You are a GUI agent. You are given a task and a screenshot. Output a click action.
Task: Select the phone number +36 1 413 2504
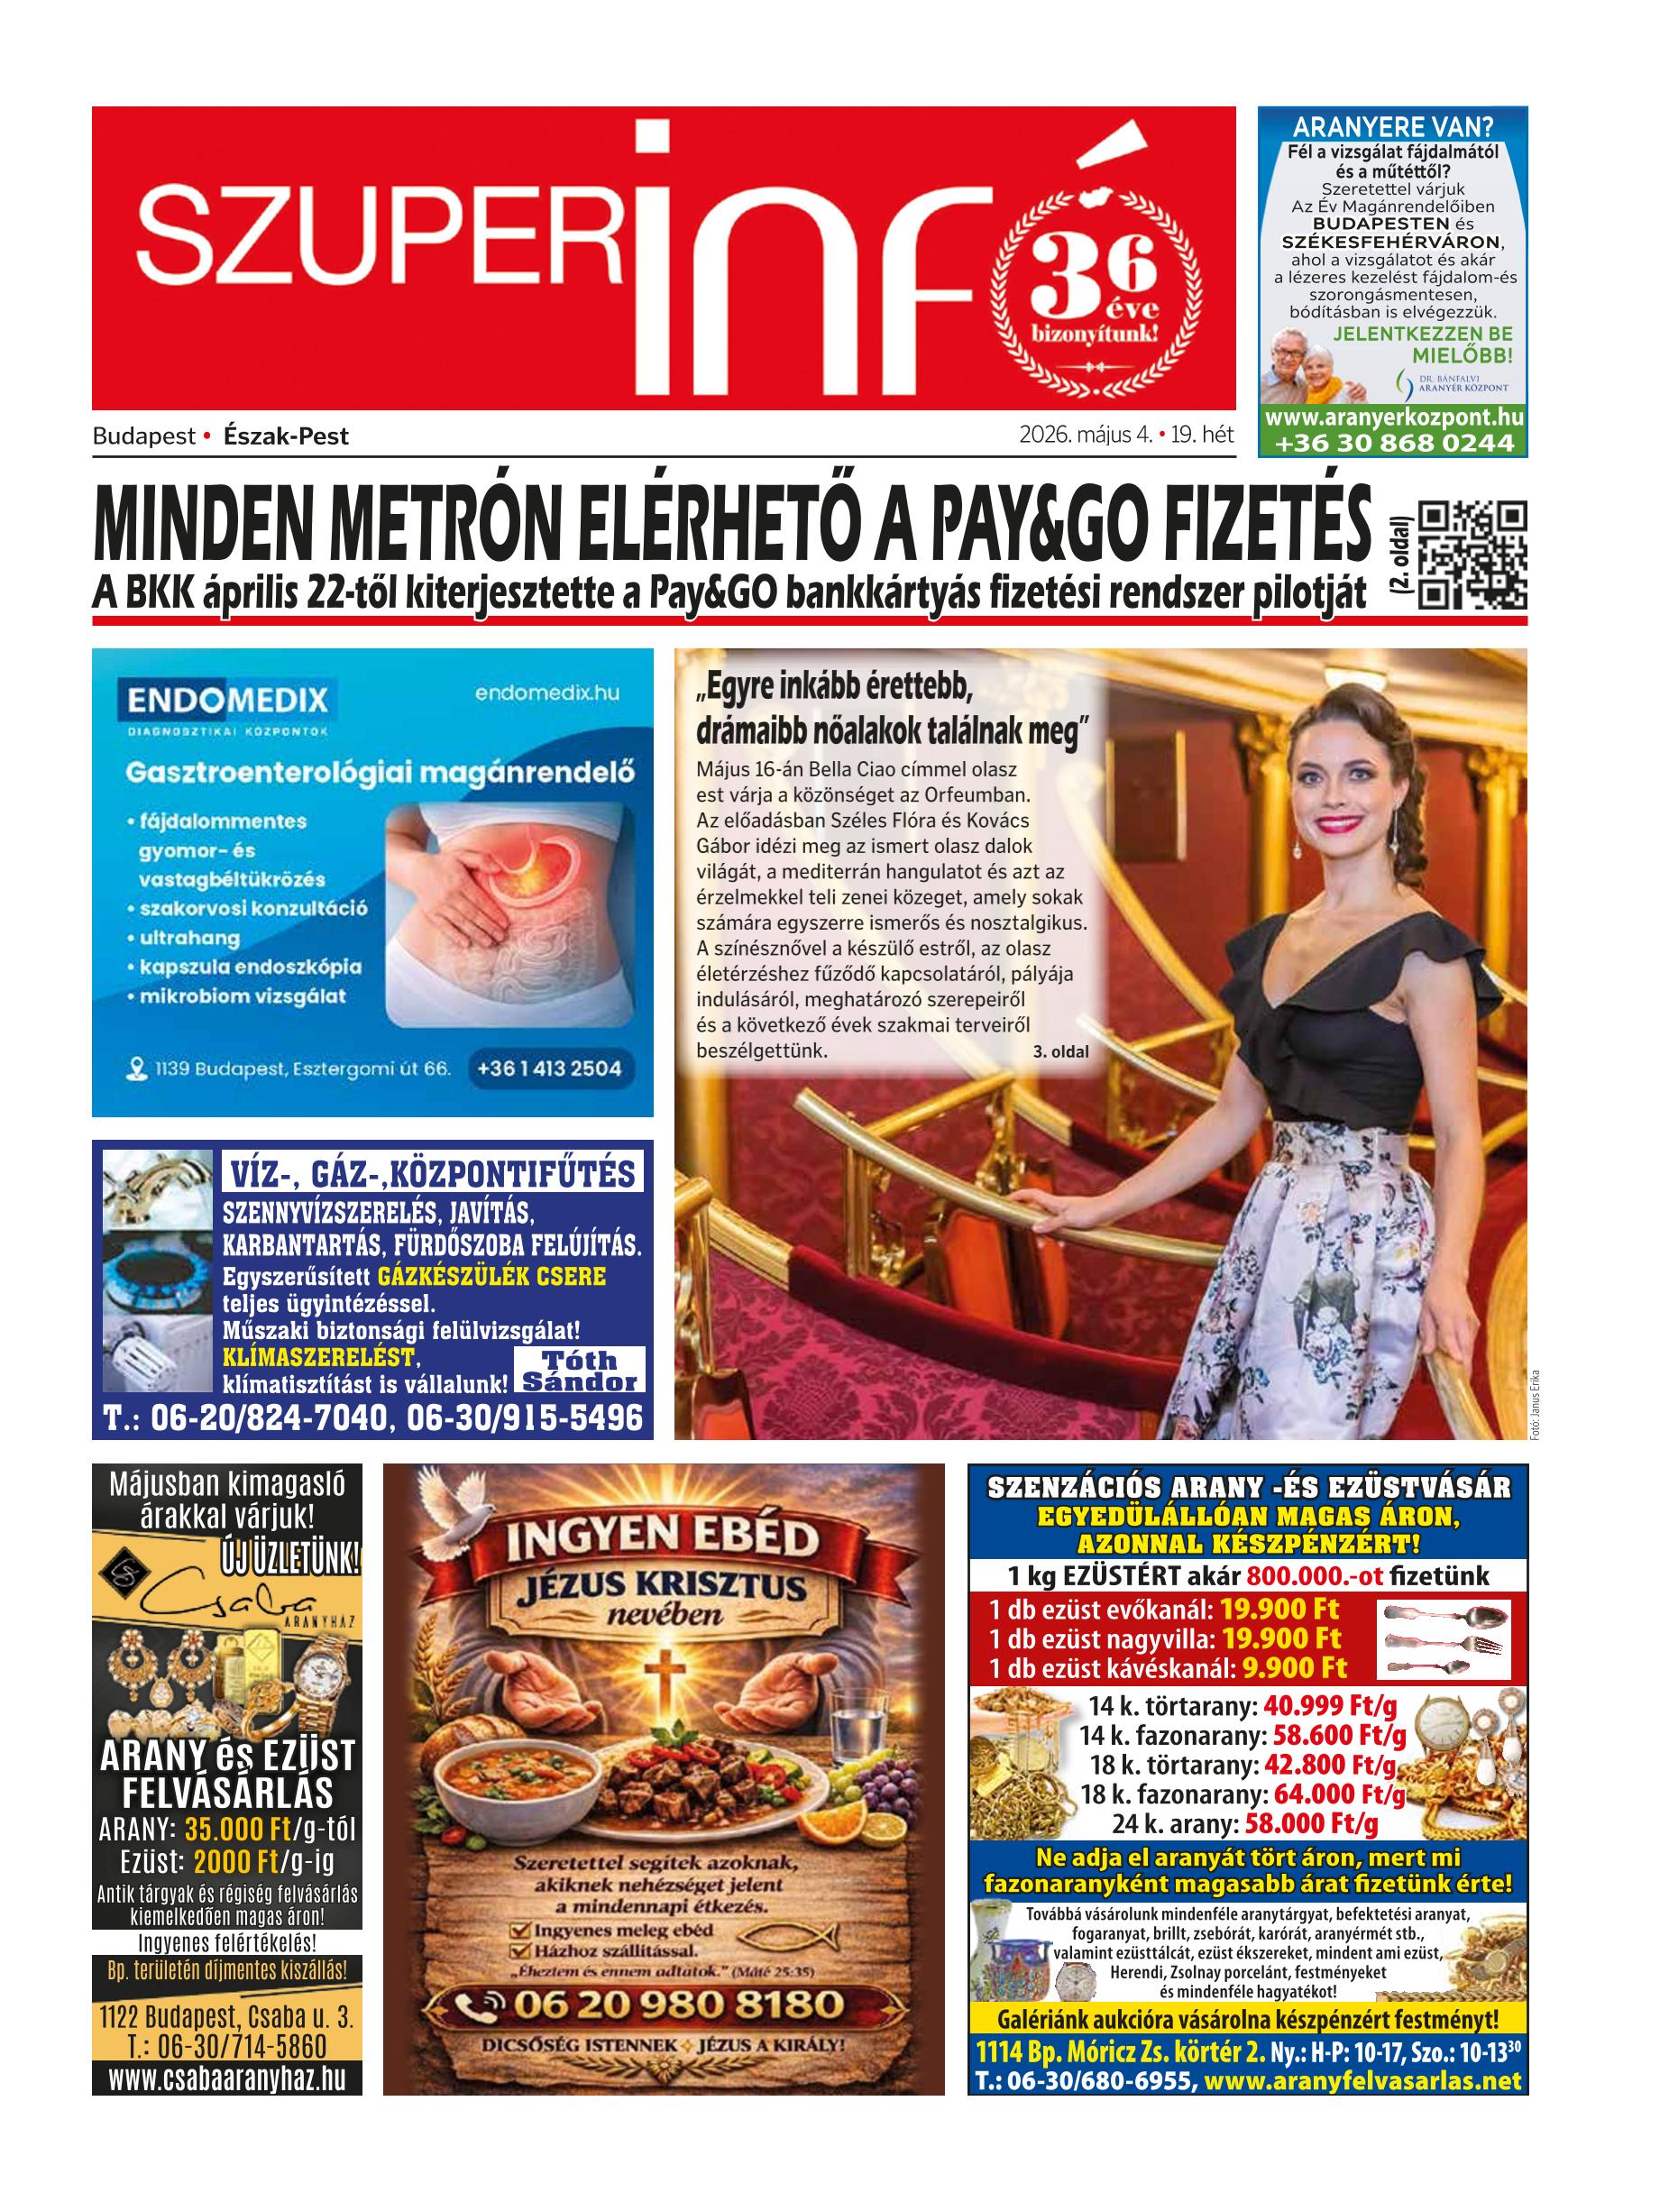click(x=549, y=1069)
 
